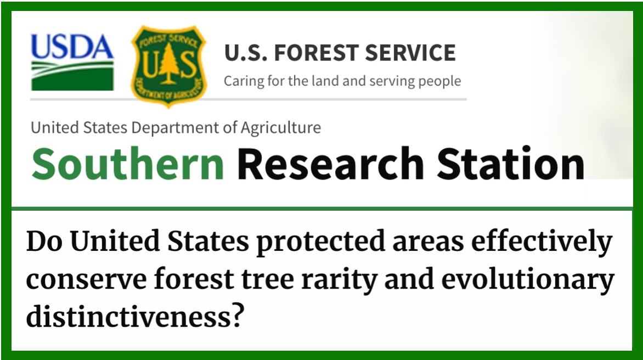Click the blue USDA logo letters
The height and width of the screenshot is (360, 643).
pos(72,47)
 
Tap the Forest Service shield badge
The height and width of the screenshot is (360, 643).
pos(168,66)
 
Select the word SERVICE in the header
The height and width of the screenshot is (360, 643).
pos(410,53)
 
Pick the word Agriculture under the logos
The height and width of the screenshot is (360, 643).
pos(281,128)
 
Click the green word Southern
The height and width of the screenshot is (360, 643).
pos(127,164)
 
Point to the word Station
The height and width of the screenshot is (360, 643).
pos(511,164)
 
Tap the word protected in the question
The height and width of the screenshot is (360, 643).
pos(320,243)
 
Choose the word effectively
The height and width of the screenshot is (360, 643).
pos(542,243)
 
